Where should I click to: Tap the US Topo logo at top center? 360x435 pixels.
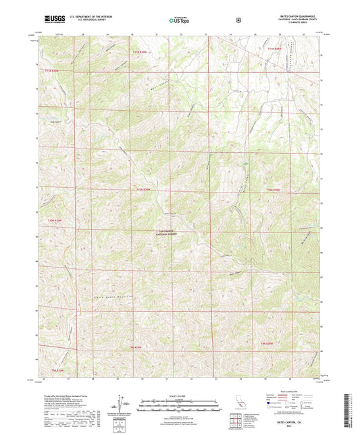tap(179, 20)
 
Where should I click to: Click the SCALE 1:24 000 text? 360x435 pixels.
tap(179, 395)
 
